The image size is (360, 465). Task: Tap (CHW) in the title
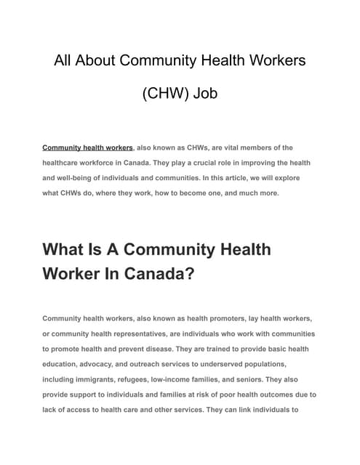168,95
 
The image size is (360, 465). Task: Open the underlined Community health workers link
88,147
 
